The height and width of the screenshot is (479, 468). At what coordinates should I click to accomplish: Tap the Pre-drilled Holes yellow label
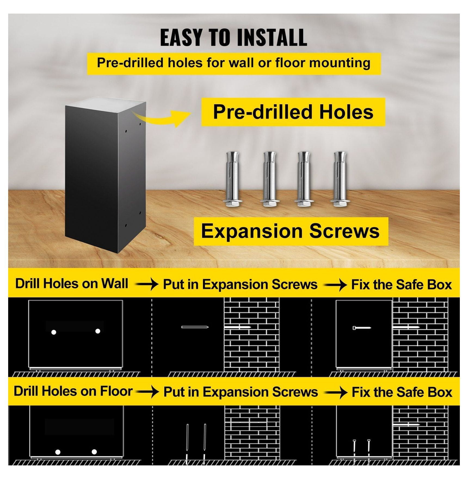pos(293,112)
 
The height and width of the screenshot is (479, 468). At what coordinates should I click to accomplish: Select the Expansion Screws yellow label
pos(291,231)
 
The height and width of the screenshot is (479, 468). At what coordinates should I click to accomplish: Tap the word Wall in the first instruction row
pos(115,283)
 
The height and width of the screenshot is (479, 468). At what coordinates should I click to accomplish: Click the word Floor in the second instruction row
pos(116,391)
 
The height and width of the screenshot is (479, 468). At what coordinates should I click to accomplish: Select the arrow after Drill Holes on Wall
pos(147,285)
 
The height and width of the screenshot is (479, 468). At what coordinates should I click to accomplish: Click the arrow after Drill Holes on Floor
pos(147,392)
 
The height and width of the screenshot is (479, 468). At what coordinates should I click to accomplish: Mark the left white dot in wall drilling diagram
pos(54,332)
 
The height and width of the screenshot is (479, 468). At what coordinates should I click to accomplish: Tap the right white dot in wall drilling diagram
pos(98,331)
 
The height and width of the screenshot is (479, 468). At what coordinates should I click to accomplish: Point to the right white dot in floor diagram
pos(94,452)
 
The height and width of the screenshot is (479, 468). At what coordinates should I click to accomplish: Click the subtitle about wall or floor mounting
pos(234,63)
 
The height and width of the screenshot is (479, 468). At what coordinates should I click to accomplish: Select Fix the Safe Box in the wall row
pos(401,285)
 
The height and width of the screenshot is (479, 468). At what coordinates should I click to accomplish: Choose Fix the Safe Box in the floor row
pos(402,392)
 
